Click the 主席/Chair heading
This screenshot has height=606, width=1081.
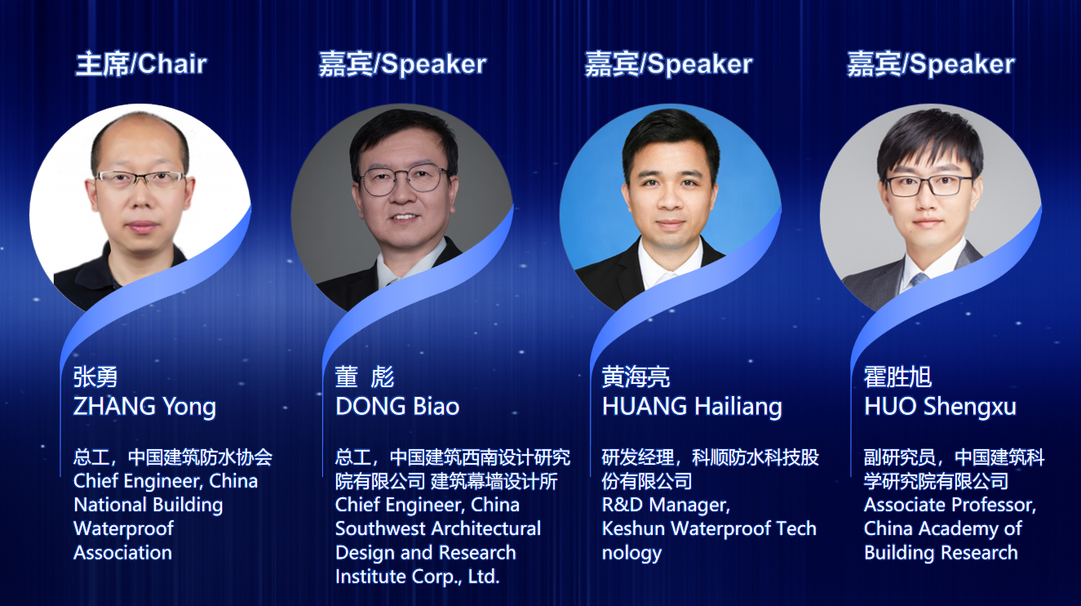141,65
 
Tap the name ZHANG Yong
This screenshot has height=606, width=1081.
144,407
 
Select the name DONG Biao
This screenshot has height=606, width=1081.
397,407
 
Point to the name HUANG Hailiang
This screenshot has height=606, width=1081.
692,407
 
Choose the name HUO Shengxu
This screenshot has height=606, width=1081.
940,407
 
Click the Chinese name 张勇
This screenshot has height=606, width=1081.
95,377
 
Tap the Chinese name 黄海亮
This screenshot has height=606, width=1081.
636,377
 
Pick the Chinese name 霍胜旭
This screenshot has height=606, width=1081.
897,377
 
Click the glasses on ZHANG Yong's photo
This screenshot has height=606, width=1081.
140,180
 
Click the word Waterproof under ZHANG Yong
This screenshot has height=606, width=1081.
123,528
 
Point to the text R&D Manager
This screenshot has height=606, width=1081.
666,506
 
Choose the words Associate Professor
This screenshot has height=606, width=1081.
950,506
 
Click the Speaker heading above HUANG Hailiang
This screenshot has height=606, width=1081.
700,65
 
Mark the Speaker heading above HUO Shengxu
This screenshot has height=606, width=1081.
962,65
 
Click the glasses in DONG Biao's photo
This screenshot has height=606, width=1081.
404,180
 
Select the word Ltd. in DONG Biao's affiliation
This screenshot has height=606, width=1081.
483,577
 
